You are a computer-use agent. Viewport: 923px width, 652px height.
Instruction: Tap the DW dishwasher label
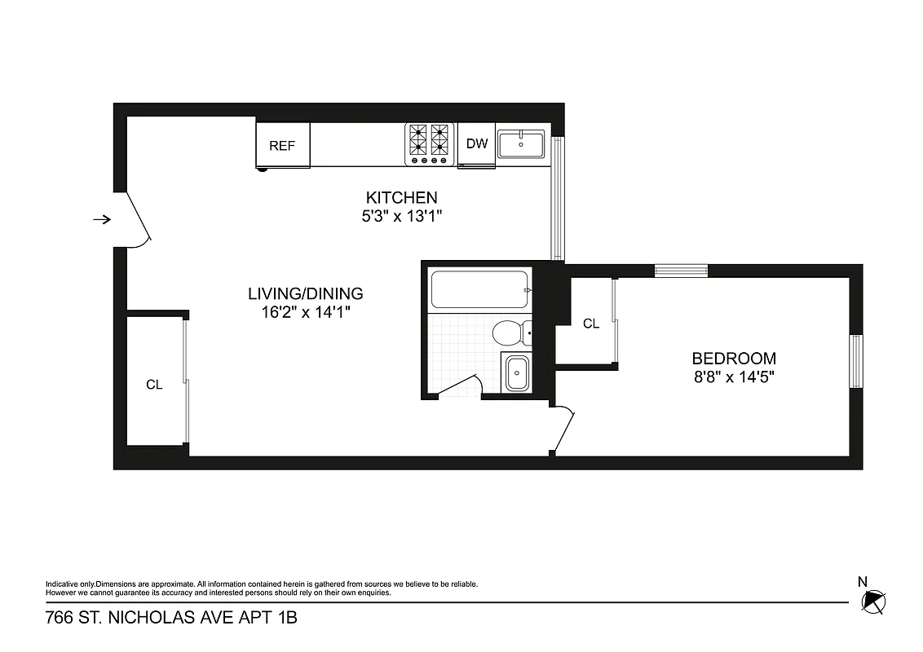[477, 144]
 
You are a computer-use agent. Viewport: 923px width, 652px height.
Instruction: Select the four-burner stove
[430, 143]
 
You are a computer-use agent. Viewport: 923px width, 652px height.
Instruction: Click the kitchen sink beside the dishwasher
[522, 144]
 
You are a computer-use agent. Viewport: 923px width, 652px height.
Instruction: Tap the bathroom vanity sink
[517, 374]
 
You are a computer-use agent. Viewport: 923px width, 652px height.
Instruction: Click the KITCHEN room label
[401, 197]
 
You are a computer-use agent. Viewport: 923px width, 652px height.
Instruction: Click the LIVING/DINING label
[306, 293]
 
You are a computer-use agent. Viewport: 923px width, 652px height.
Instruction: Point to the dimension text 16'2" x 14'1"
[306, 311]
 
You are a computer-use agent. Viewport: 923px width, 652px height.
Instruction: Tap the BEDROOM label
[734, 358]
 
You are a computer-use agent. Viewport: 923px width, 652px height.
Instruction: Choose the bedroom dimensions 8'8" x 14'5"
[734, 377]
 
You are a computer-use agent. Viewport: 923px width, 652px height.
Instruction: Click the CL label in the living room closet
[154, 385]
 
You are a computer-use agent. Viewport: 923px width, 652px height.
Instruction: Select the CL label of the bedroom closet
[591, 324]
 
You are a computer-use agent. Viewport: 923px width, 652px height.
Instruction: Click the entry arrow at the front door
[102, 219]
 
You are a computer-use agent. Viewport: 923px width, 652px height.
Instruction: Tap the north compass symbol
[873, 601]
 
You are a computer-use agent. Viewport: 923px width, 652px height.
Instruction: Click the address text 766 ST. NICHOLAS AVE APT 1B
[170, 619]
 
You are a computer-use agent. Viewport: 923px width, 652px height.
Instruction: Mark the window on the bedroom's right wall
[856, 361]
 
